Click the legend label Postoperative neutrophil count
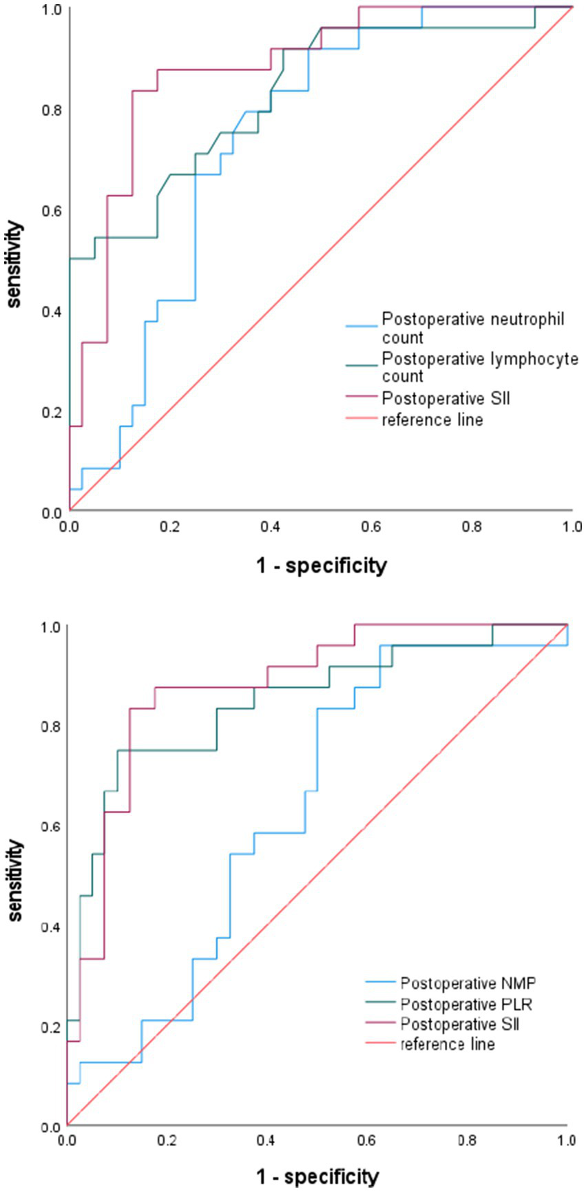coord(472,329)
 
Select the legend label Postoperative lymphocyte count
coord(479,367)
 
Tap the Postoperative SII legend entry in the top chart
coord(446,399)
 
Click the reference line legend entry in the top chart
coord(432,420)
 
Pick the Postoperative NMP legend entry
coord(458,982)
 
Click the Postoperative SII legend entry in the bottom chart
coord(459,1024)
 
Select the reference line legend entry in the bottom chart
coord(448,1044)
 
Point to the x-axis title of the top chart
coord(322,566)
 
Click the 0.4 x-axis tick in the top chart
coord(271,528)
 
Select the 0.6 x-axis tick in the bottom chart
coord(367,1140)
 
